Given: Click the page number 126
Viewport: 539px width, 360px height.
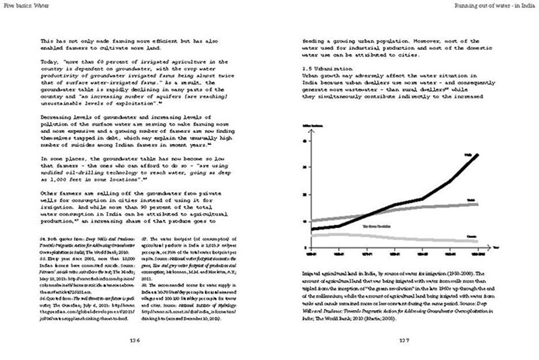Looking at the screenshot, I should click(134, 340).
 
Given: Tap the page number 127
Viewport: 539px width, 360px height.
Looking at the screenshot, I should click(404, 340).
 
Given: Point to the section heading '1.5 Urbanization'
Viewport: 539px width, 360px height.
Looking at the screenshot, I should click(333, 69).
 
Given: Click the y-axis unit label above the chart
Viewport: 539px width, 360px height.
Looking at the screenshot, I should click(315, 125).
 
